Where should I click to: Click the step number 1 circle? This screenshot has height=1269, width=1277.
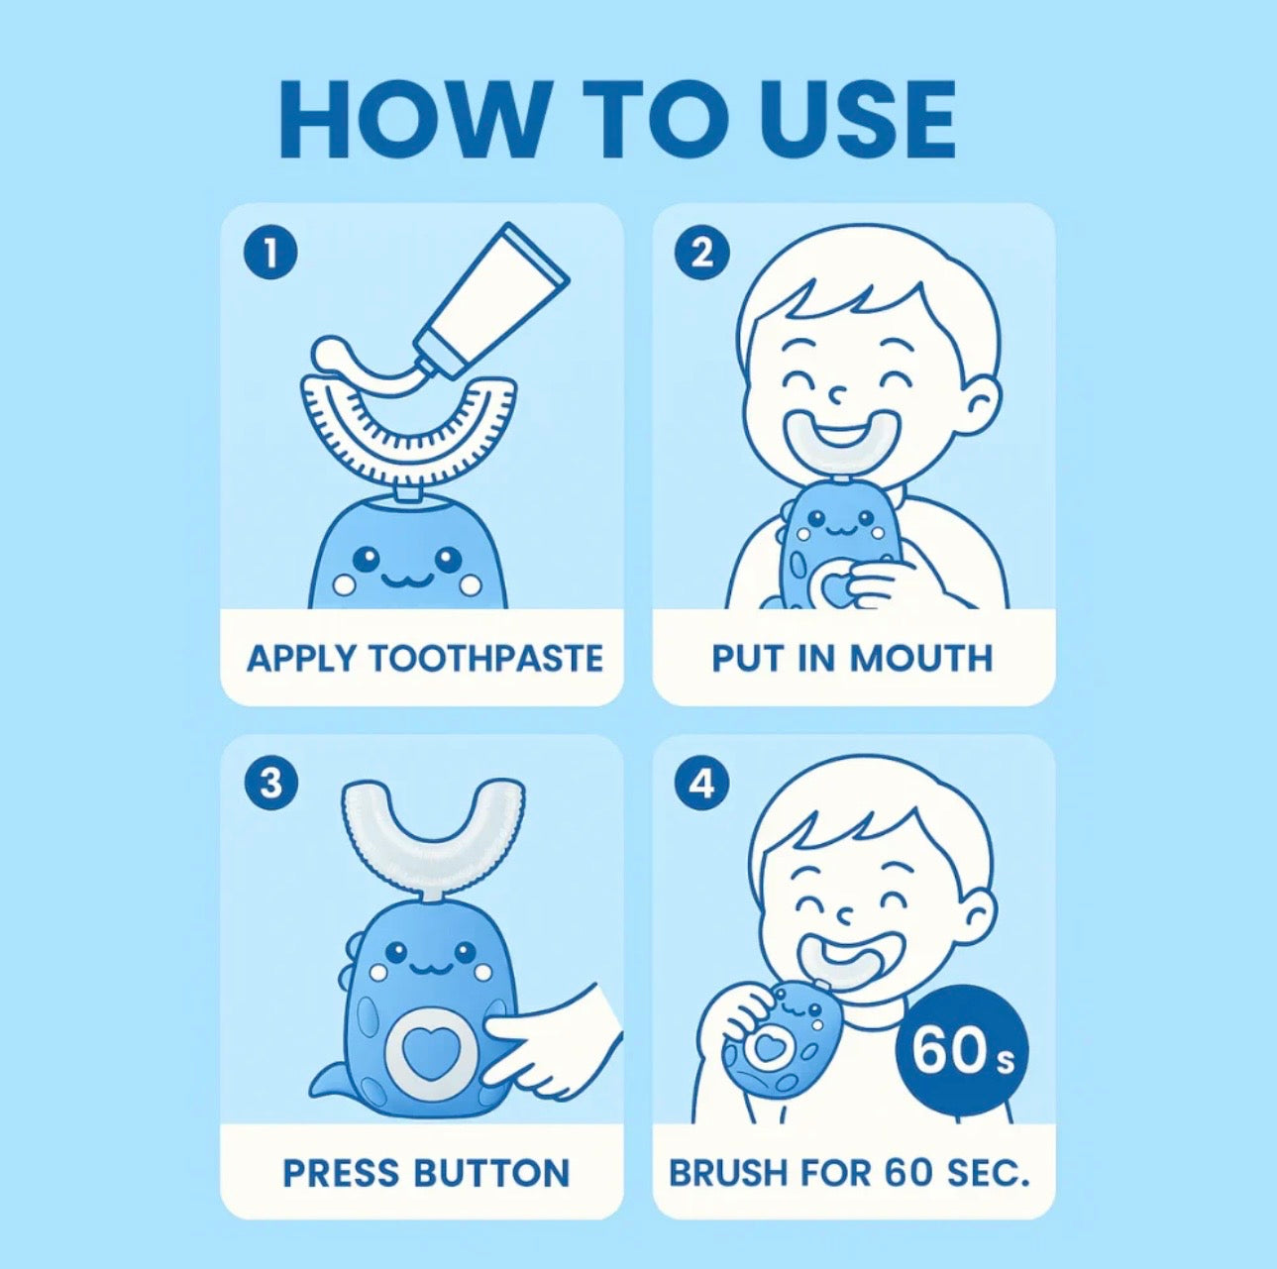click(x=269, y=254)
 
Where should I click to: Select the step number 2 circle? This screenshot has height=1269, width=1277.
click(x=701, y=254)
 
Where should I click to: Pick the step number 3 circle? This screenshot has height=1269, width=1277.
click(x=269, y=784)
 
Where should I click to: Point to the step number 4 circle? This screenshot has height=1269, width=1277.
click(x=701, y=784)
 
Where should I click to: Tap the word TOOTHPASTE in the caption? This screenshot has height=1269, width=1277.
click(x=485, y=659)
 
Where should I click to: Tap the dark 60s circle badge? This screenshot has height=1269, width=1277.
click(x=961, y=1051)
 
